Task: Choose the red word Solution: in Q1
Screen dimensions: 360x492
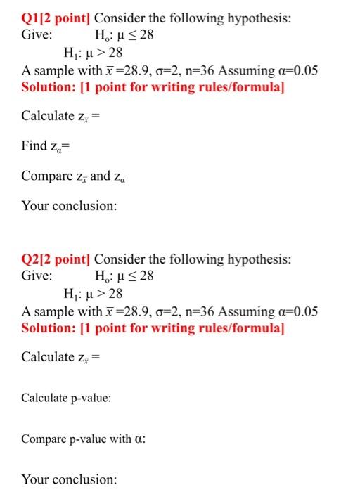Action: [x=47, y=87]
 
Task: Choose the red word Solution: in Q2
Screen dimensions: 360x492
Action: [x=47, y=328]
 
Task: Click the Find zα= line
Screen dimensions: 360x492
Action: [x=46, y=146]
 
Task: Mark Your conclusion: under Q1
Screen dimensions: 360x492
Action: [x=69, y=207]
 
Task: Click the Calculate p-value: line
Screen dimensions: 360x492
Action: [x=66, y=399]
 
